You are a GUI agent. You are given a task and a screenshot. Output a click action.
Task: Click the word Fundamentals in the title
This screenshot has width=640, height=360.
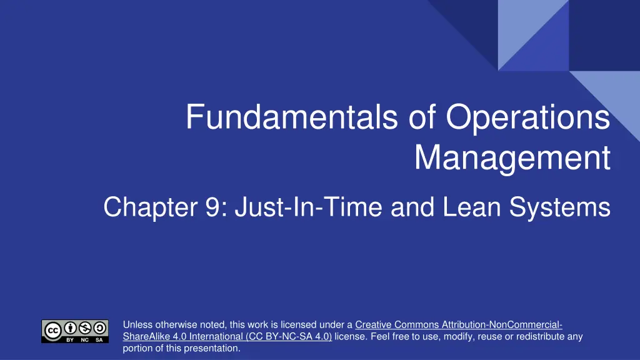(x=292, y=117)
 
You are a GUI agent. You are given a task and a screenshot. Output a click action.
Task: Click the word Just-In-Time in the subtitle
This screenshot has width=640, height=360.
(x=309, y=207)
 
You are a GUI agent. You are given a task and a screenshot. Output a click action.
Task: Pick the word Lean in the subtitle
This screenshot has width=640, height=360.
(x=471, y=207)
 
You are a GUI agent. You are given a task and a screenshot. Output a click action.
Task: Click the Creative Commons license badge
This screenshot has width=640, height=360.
(x=75, y=331)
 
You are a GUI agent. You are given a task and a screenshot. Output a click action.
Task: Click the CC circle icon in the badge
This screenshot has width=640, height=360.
(x=52, y=331)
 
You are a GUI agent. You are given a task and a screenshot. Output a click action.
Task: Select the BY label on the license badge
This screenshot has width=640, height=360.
(x=70, y=339)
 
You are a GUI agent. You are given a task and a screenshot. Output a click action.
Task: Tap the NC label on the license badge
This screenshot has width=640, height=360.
(x=85, y=339)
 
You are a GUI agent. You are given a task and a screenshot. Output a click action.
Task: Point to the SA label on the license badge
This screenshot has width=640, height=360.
(x=99, y=339)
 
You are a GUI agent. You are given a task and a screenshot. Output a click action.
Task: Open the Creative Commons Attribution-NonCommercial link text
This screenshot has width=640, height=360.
(x=459, y=325)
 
